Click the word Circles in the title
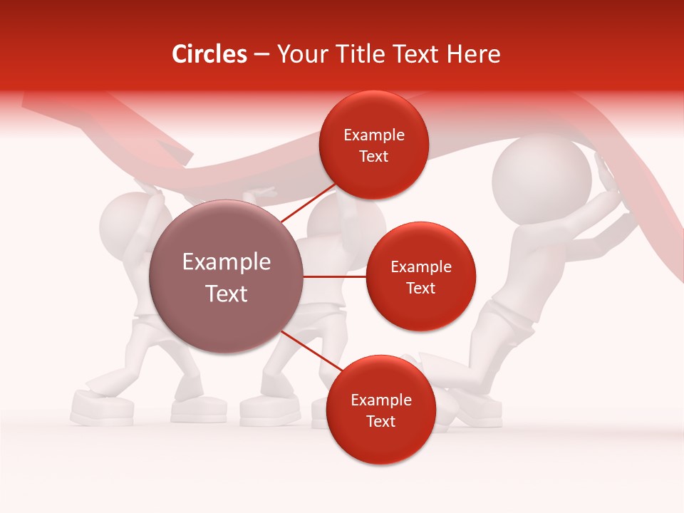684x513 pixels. [x=209, y=54]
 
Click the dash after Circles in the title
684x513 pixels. [x=261, y=55]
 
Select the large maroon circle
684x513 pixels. [x=226, y=276]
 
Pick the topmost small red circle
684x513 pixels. [x=373, y=145]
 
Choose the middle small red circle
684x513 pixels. [x=420, y=277]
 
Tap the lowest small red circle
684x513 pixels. [x=380, y=410]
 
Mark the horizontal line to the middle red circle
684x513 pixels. [x=335, y=276]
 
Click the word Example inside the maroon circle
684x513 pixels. [x=226, y=262]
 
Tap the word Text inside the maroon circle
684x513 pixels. [x=226, y=294]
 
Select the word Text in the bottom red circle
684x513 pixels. [x=380, y=421]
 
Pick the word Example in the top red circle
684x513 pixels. [x=373, y=135]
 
